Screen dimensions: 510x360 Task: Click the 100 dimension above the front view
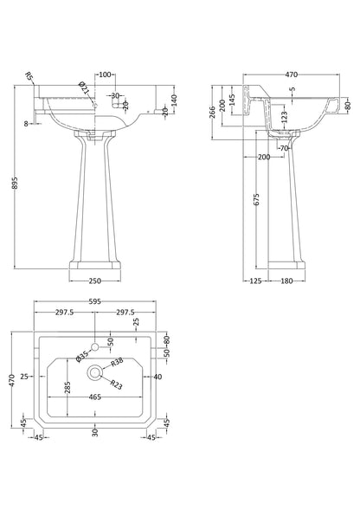click(x=104, y=74)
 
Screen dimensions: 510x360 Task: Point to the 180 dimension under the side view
click(x=286, y=281)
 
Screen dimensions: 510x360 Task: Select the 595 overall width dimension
click(x=93, y=301)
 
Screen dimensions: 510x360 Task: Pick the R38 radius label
click(x=120, y=364)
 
